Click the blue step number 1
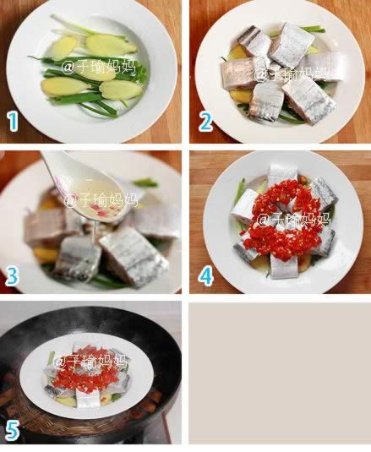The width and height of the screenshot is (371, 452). (13, 122)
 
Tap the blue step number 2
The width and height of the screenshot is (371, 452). (206, 122)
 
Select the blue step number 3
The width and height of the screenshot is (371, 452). (12, 275)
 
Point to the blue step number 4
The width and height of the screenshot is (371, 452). (205, 275)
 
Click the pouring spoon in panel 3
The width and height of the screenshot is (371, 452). (92, 190)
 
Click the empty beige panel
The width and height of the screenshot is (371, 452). (280, 373)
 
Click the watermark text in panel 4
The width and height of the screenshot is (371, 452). (293, 221)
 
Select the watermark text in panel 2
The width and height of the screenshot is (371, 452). (292, 74)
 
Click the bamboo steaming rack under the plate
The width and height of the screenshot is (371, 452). (86, 425)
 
